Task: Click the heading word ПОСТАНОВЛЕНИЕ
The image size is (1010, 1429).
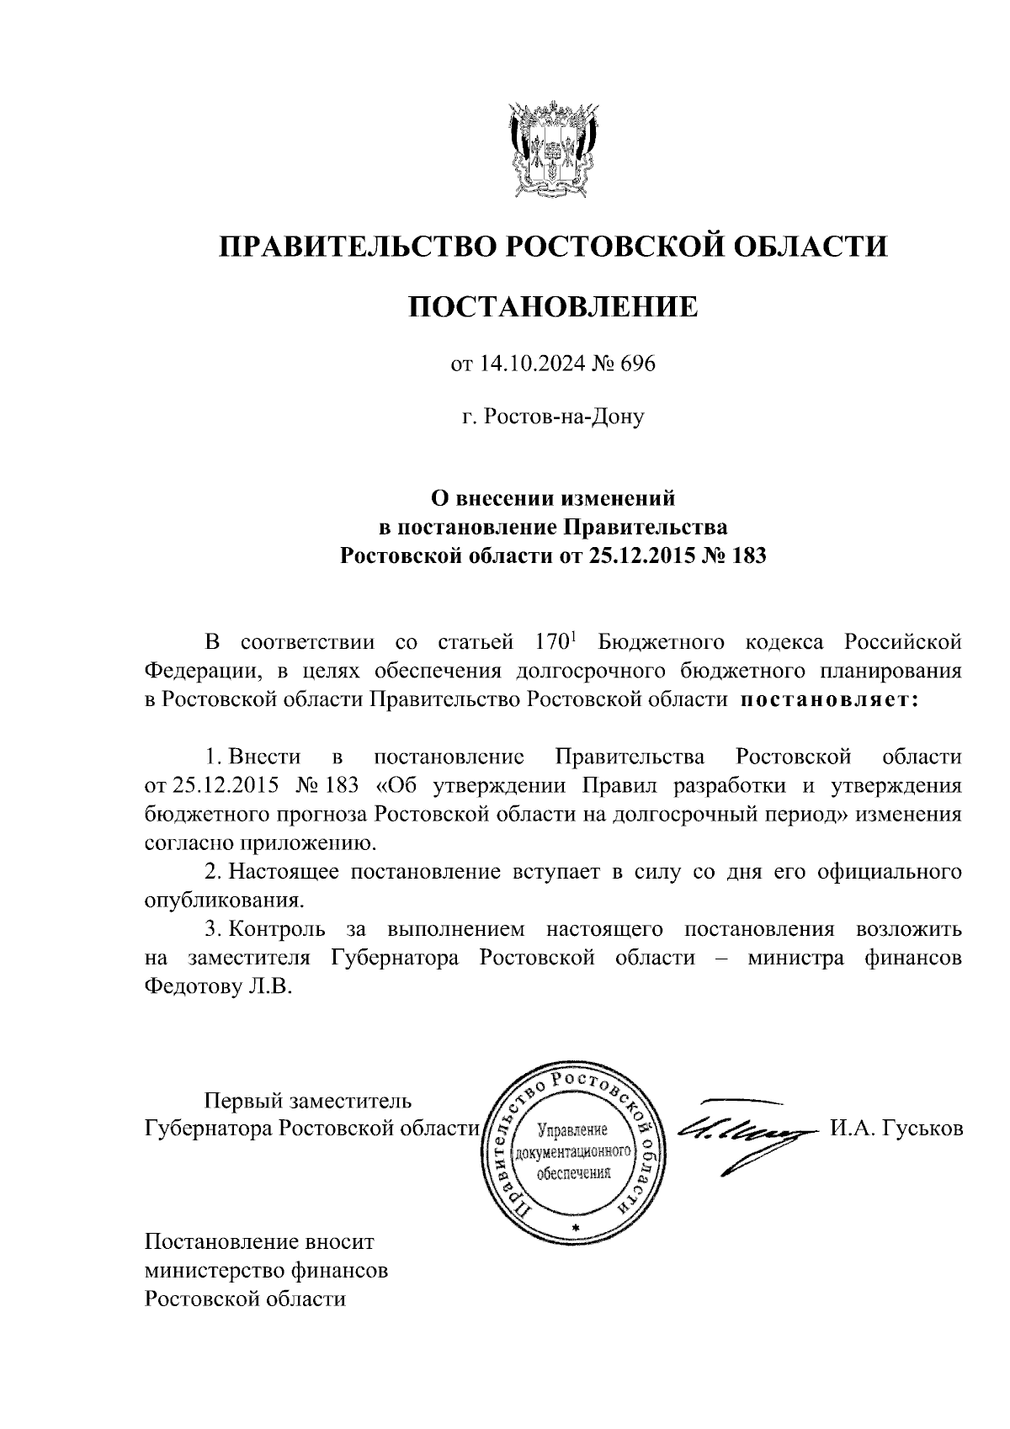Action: tap(553, 306)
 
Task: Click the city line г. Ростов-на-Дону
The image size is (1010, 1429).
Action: tap(553, 416)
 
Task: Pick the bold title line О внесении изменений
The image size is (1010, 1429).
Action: tap(553, 499)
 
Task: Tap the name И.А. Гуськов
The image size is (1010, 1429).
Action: tap(896, 1129)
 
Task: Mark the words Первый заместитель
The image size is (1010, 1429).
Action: tap(308, 1101)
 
